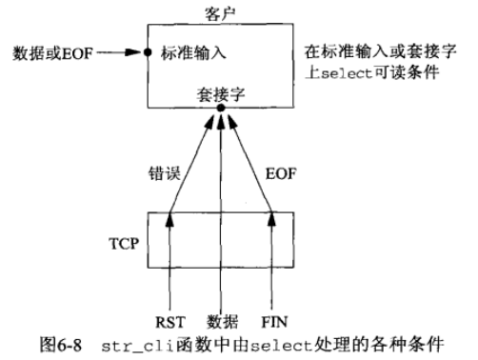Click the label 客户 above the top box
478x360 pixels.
(219, 11)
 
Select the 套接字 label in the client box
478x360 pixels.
(220, 96)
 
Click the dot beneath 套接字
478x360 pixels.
(220, 110)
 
